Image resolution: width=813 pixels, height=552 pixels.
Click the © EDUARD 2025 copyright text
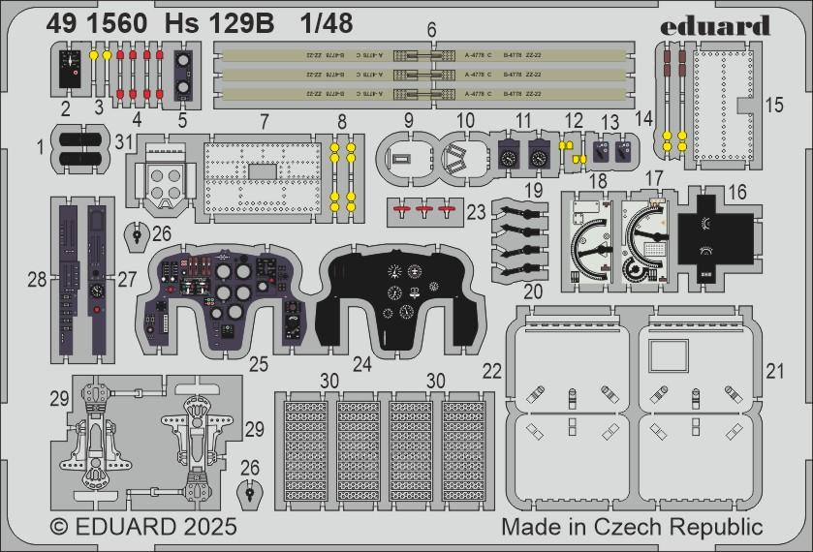click(x=141, y=527)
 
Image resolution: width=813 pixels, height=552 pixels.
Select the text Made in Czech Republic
click(x=633, y=527)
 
